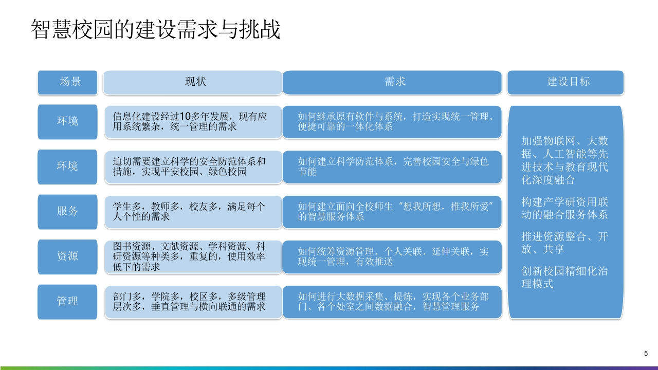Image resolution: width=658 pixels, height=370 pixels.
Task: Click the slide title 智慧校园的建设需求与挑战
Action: (x=155, y=29)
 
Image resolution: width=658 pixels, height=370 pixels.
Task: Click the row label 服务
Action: (x=67, y=212)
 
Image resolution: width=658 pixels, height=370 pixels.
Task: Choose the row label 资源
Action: (x=67, y=256)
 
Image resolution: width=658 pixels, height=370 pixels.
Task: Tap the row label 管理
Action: (x=67, y=302)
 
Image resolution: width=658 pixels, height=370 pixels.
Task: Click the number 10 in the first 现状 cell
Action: (x=186, y=117)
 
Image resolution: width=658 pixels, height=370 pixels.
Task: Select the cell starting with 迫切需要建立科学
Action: (x=193, y=167)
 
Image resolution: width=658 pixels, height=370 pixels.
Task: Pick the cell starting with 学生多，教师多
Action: (x=193, y=212)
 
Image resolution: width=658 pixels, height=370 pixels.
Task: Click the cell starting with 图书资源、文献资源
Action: (x=193, y=257)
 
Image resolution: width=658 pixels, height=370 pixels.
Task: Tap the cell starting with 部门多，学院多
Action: (x=193, y=302)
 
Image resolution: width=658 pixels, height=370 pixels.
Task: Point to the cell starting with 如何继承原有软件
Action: (x=392, y=122)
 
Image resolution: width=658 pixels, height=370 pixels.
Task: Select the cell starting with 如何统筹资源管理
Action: (x=392, y=257)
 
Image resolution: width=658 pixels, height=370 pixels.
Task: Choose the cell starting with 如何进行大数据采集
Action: (x=392, y=302)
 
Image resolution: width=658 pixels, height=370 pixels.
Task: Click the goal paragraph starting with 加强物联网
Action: (x=564, y=160)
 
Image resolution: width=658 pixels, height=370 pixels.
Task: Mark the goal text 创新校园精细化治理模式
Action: (x=564, y=277)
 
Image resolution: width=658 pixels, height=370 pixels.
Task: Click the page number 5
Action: (x=646, y=353)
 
